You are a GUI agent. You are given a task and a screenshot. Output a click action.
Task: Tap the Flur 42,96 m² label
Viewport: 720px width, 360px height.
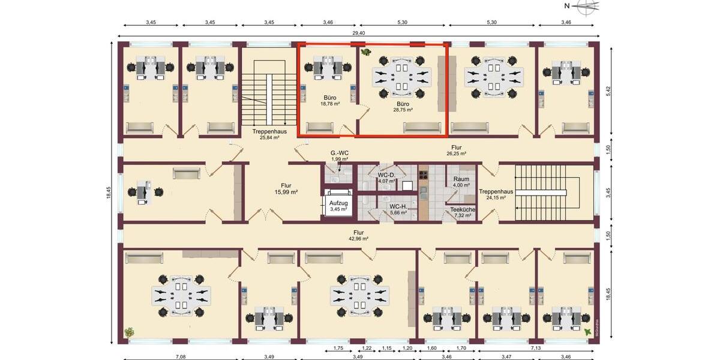point(358,235)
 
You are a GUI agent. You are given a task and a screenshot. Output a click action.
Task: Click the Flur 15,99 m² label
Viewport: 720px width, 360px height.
point(286,189)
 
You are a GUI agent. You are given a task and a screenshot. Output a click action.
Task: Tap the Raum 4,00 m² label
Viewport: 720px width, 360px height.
point(461,182)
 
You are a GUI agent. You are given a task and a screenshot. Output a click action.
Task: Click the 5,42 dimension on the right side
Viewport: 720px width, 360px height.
point(607,91)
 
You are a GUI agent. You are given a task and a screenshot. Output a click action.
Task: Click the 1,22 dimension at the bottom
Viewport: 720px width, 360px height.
point(367,348)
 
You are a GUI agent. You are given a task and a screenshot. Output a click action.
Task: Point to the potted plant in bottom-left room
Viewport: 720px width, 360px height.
point(129,332)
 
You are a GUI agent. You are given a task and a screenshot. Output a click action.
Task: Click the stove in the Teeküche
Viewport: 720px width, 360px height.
point(423,175)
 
